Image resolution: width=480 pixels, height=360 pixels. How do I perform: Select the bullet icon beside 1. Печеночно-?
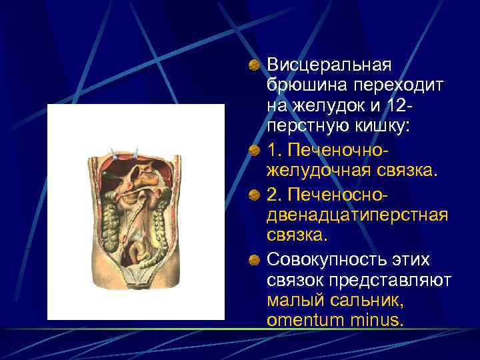point(255,151)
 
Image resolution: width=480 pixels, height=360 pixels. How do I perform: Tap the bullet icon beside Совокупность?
point(255,259)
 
